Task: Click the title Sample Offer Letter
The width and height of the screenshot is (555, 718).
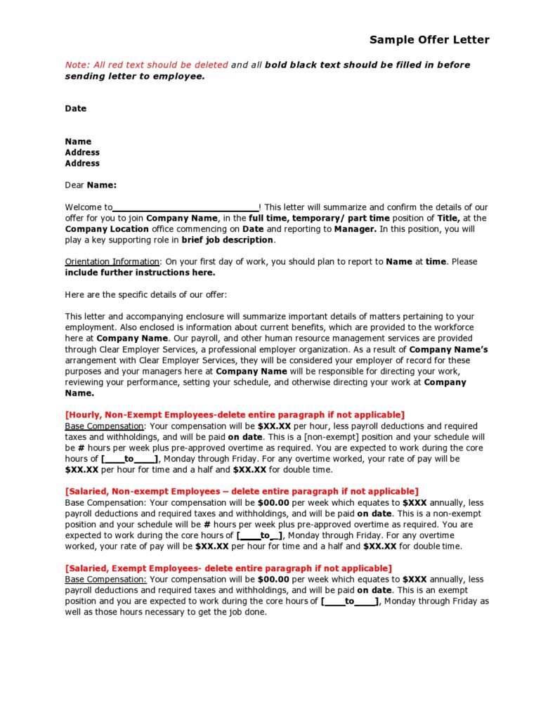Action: pyautogui.click(x=429, y=39)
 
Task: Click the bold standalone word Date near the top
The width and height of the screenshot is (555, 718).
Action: pyautogui.click(x=76, y=108)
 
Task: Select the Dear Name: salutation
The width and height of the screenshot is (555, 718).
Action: pyautogui.click(x=91, y=185)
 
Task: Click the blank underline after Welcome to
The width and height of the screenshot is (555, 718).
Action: pyautogui.click(x=185, y=208)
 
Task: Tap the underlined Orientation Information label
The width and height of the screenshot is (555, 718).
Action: pyautogui.click(x=112, y=261)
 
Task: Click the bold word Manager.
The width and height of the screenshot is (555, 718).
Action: pyautogui.click(x=355, y=229)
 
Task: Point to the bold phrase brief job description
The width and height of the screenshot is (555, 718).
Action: pyautogui.click(x=228, y=240)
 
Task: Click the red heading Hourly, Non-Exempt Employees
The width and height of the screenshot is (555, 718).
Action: pyautogui.click(x=235, y=415)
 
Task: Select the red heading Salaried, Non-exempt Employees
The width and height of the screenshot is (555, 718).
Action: pyautogui.click(x=242, y=491)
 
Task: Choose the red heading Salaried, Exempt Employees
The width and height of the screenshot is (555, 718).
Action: pyautogui.click(x=228, y=568)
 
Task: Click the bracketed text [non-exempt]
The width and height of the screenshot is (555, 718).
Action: pyautogui.click(x=333, y=437)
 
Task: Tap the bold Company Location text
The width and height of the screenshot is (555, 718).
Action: pyautogui.click(x=107, y=229)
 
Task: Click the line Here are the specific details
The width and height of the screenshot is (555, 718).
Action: pyautogui.click(x=146, y=294)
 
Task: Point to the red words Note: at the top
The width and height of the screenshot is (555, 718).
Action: pyautogui.click(x=77, y=65)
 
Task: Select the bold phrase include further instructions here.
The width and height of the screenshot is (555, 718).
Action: pyautogui.click(x=140, y=273)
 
